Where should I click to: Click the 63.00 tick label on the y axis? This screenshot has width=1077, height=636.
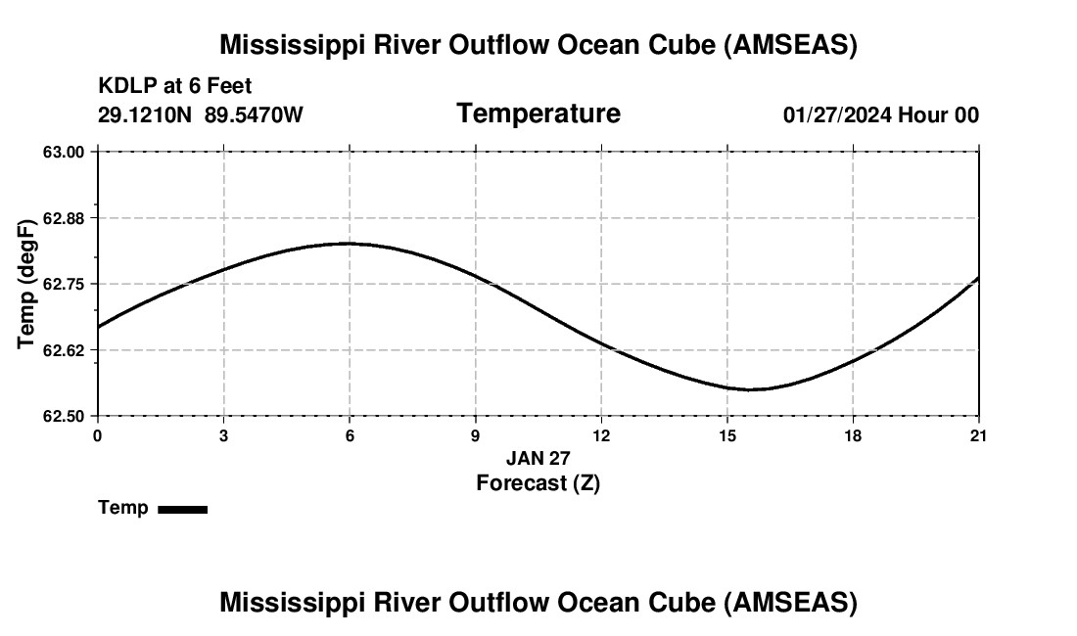pos(66,152)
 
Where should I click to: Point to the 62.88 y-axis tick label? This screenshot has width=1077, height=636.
pos(66,218)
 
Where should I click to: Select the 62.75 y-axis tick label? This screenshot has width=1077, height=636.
pos(66,284)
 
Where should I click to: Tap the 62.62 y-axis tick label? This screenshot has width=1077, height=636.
pos(66,350)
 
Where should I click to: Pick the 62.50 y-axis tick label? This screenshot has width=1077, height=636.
pos(66,416)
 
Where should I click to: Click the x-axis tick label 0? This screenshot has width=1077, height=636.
pos(97,435)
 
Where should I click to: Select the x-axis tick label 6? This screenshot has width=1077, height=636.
pos(349,435)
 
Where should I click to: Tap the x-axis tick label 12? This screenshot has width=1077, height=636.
pos(601,435)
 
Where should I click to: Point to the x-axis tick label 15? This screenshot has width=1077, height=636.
pos(726,435)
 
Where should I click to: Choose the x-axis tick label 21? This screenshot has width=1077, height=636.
pos(978,435)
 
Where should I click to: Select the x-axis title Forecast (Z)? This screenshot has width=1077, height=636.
pos(538,482)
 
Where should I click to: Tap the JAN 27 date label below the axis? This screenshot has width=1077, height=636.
pos(538,458)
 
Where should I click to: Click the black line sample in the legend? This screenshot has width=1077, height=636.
pos(182,509)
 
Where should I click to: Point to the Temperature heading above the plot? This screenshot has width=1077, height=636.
pos(538,114)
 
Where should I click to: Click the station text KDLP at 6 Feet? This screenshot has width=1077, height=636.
pos(175,87)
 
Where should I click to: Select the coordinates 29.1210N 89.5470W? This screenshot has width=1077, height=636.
pos(201,115)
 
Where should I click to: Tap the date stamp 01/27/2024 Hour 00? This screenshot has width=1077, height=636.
pos(880,115)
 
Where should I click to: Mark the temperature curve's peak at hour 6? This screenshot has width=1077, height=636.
pos(349,244)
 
